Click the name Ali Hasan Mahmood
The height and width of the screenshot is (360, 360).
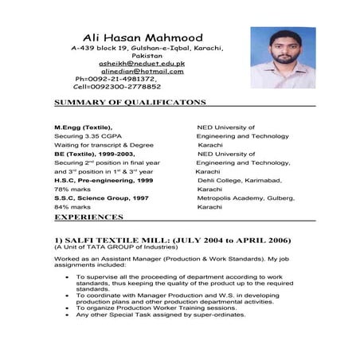point(143,37)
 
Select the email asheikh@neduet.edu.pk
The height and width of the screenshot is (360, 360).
point(142,62)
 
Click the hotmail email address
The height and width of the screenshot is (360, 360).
point(143,71)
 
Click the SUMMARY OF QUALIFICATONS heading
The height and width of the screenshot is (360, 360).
point(130,103)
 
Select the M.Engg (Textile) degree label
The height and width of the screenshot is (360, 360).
point(83,127)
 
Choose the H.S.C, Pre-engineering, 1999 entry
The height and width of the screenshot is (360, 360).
point(104,181)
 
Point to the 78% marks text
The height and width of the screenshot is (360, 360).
point(72,190)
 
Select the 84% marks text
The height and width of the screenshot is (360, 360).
point(72,207)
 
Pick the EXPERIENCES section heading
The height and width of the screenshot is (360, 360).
point(88,217)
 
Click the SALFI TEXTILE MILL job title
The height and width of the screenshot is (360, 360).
point(172,240)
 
